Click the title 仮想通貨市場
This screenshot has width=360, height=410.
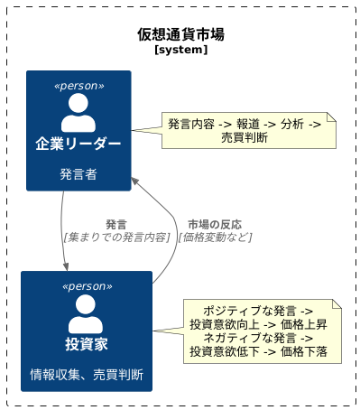coord(180,34)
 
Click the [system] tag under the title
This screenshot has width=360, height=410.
coord(180,51)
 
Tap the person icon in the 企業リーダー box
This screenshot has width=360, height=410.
coord(78,113)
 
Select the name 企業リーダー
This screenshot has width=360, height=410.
coord(78,144)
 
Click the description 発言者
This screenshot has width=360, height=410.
coord(78,174)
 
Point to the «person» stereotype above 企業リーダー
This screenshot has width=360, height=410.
coord(78,86)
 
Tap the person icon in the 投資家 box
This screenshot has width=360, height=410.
coord(87,313)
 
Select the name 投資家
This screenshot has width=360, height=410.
coord(87,344)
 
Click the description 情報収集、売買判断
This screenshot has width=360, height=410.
coord(87,374)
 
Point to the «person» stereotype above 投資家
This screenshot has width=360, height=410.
coord(87,286)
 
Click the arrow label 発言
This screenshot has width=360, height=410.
coord(115,224)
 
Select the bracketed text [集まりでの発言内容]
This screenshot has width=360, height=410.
coord(116,237)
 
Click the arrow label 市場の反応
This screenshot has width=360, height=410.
coord(215,224)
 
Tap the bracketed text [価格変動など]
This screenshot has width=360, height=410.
coord(215,237)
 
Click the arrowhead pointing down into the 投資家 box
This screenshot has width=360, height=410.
coord(67,266)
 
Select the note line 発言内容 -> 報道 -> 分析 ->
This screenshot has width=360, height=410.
coord(245,124)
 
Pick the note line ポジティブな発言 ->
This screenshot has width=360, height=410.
coord(258,310)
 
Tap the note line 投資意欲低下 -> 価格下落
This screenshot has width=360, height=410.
coord(258,351)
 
